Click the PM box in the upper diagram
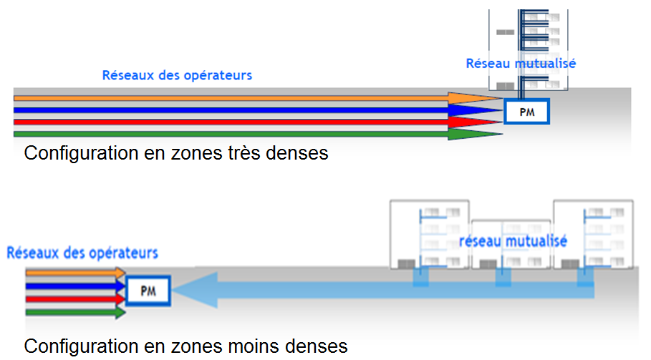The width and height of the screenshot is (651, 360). [526, 112]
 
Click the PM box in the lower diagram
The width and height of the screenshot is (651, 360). [148, 291]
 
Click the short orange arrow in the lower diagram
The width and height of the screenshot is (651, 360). [72, 273]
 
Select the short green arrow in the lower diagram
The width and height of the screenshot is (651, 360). [72, 312]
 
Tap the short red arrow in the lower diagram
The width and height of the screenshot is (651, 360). [72, 299]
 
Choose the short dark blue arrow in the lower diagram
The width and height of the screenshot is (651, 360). [72, 286]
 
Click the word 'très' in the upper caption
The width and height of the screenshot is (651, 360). [241, 153]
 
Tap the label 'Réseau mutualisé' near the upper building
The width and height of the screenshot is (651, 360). [521, 63]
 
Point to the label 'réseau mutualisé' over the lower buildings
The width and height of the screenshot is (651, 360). [513, 241]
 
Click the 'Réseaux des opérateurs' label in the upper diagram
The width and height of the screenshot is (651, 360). [177, 74]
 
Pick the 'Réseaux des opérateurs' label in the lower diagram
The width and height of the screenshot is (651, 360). [82, 253]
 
